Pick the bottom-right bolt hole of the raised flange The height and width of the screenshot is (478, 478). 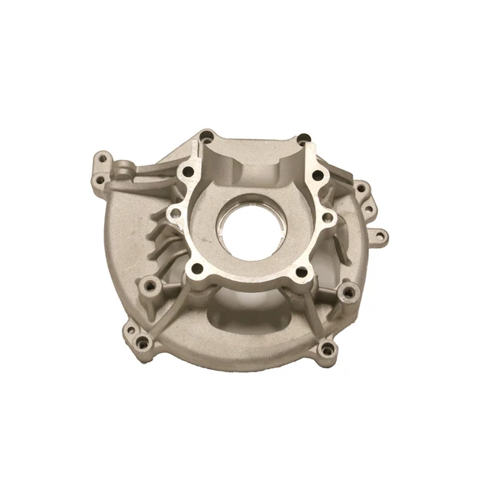300,272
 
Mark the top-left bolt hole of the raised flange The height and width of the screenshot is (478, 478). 187,171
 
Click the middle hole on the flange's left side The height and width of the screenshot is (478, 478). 172,213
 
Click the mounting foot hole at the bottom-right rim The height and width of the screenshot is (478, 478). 326,349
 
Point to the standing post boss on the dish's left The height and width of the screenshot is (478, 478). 149,287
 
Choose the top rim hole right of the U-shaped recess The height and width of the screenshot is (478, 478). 303,139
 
